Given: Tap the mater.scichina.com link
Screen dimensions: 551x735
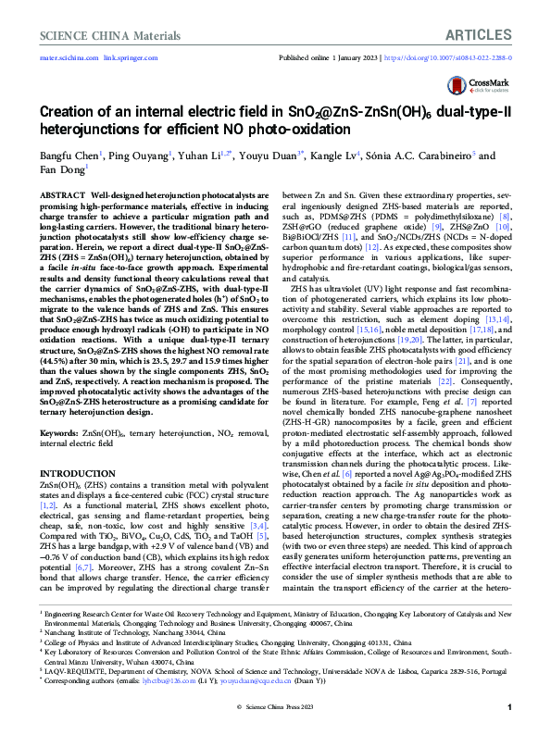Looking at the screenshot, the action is (67, 58).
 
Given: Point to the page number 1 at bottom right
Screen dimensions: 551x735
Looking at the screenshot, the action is (510, 707).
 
